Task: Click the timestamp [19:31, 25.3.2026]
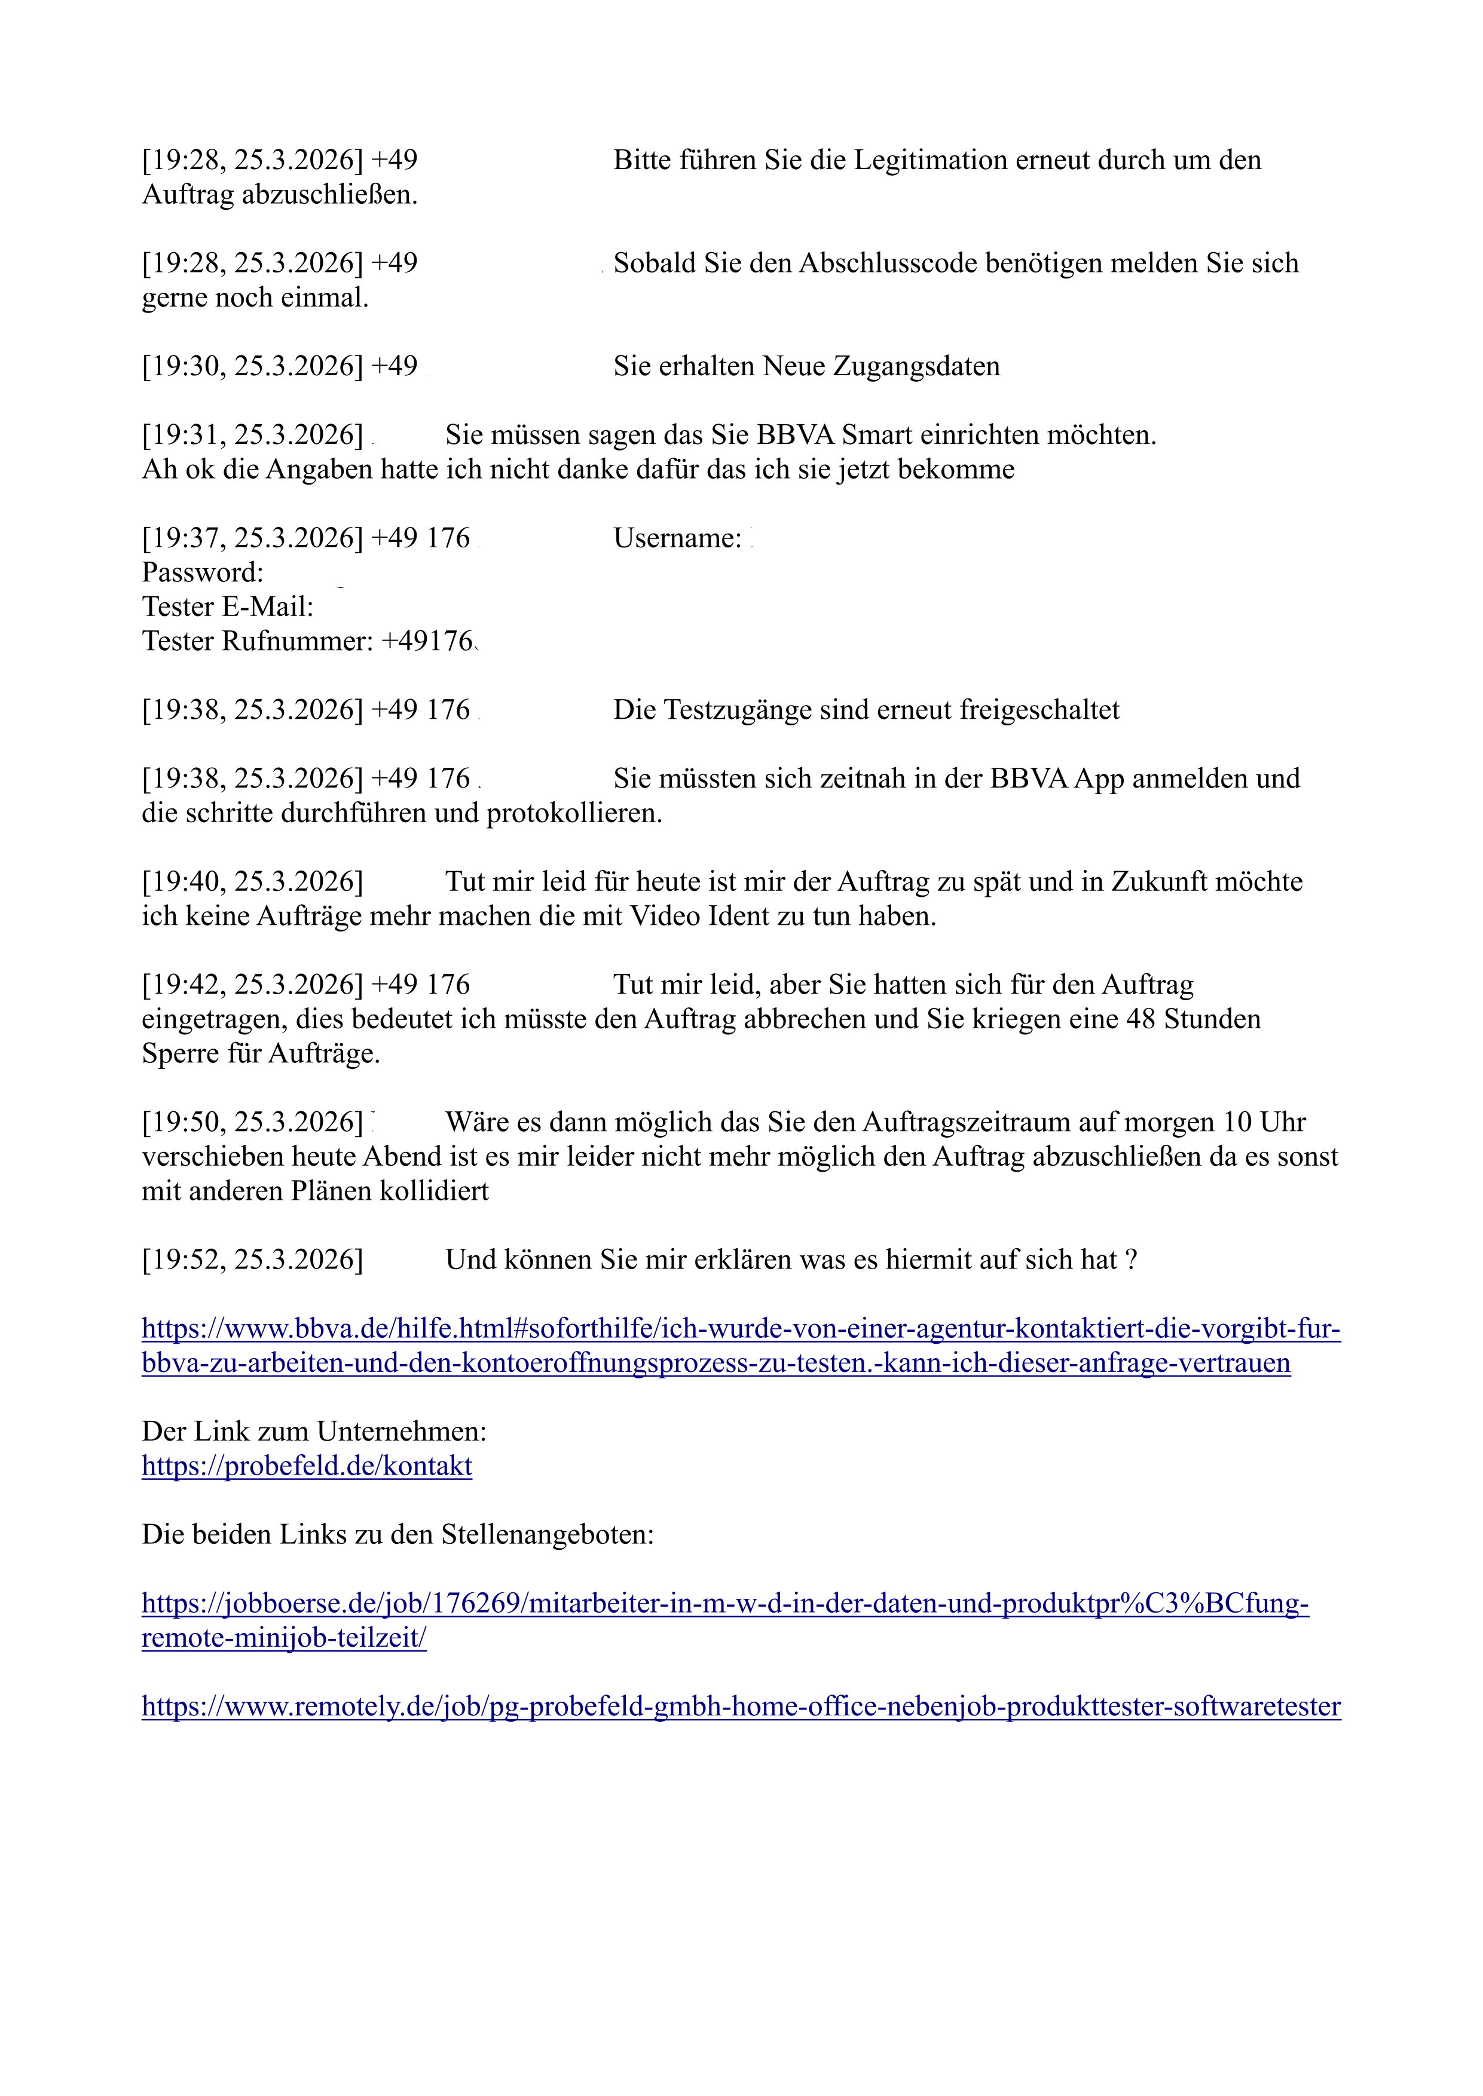tap(252, 436)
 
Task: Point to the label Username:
tap(677, 538)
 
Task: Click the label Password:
tap(203, 574)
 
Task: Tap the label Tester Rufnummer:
tap(258, 642)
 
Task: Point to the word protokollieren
tap(574, 813)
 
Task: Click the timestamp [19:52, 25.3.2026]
tap(252, 1261)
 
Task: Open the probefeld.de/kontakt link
tap(307, 1466)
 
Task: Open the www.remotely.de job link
tap(741, 1707)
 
